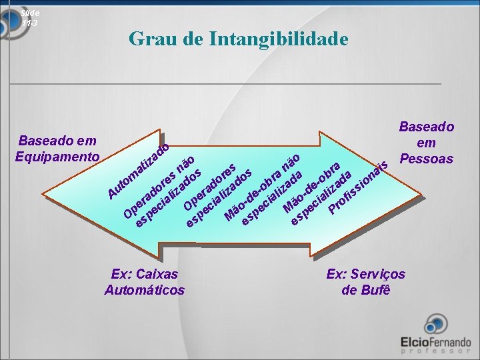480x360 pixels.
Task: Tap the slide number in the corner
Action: click(30, 17)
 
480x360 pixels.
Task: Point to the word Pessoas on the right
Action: click(426, 159)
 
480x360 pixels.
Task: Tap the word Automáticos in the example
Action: click(145, 290)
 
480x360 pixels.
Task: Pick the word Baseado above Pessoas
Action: click(426, 127)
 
